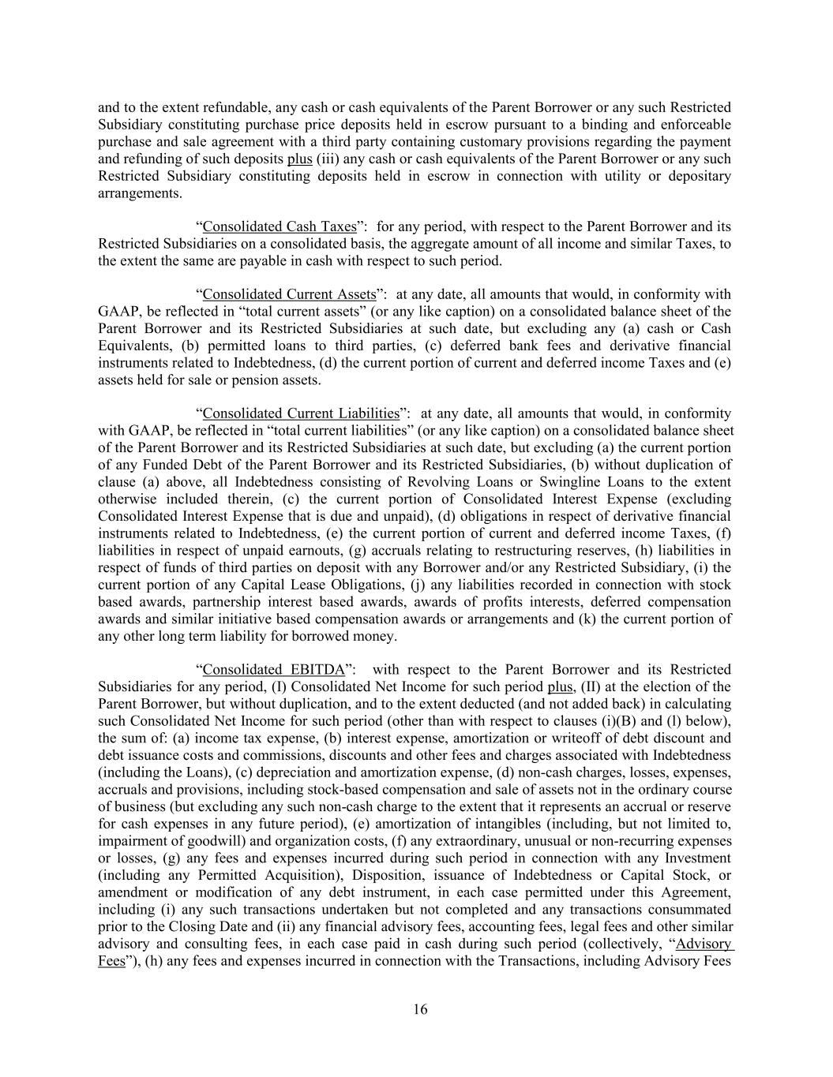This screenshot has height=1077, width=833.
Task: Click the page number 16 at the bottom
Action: point(420,1009)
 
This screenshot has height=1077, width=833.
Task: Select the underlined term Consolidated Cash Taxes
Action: point(280,226)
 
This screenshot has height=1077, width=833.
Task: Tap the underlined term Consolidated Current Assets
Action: point(289,294)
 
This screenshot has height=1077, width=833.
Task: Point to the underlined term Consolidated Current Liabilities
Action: point(301,413)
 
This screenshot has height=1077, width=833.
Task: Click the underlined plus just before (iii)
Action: point(300,159)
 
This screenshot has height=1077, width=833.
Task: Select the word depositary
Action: point(697,176)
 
